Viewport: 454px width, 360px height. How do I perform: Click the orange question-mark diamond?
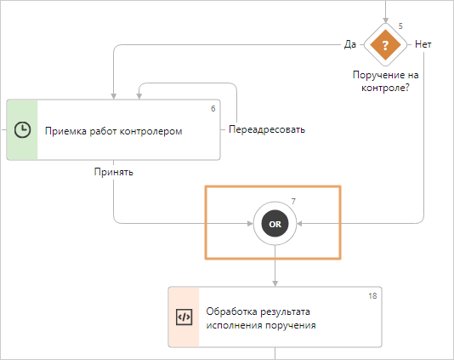click(x=385, y=45)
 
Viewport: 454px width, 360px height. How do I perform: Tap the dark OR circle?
click(x=275, y=224)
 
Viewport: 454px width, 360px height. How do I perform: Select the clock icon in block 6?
click(x=22, y=129)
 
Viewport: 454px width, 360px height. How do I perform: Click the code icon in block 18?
click(x=184, y=317)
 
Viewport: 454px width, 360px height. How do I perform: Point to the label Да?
click(x=349, y=44)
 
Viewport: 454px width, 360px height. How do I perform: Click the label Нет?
click(x=423, y=44)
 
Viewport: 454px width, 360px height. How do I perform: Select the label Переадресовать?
click(x=267, y=129)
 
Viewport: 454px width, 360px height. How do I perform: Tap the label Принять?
click(x=114, y=172)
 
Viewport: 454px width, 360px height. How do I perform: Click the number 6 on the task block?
click(x=213, y=109)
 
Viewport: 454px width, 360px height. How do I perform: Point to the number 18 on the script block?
click(x=372, y=296)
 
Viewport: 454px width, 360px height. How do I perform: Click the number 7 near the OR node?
click(x=293, y=202)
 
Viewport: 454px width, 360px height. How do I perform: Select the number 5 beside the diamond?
click(x=400, y=26)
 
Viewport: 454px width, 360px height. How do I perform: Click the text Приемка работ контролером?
click(x=114, y=131)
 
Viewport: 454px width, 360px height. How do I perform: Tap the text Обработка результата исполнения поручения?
click(x=261, y=318)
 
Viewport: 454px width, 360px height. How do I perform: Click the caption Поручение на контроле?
click(x=385, y=82)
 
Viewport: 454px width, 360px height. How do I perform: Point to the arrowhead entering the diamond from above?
click(x=385, y=20)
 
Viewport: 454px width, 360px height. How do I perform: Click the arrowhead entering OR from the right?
click(x=299, y=224)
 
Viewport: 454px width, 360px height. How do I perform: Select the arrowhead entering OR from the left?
click(x=250, y=224)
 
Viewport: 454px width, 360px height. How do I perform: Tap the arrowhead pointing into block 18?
click(x=275, y=283)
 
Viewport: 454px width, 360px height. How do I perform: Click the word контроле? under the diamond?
click(x=385, y=88)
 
